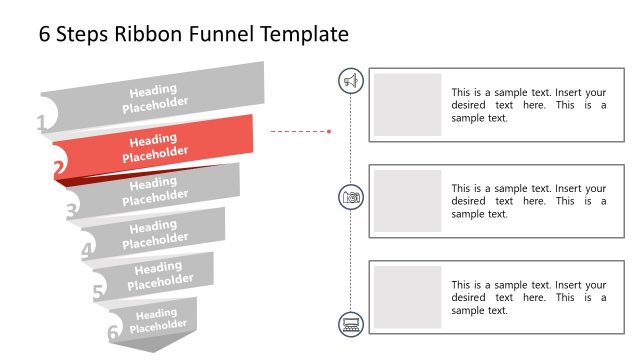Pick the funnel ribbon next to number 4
click(x=155, y=232)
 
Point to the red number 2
click(x=59, y=169)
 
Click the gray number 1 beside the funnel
click(x=41, y=124)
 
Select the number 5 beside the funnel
click(x=98, y=293)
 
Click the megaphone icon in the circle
click(x=351, y=81)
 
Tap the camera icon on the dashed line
click(x=351, y=197)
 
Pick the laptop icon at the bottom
click(x=351, y=323)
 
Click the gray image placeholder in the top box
click(x=408, y=104)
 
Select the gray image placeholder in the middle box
click(x=408, y=201)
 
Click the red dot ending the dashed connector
click(x=329, y=130)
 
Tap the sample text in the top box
click(x=528, y=104)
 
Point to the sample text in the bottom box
click(x=528, y=297)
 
